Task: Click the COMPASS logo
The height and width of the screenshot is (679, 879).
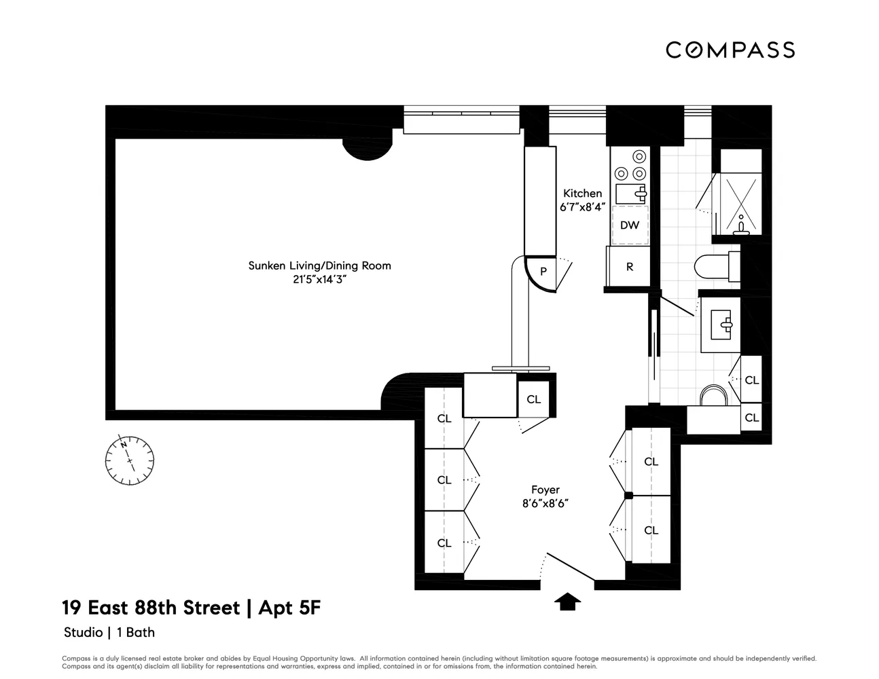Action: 730,50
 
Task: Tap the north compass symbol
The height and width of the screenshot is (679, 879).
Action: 129,459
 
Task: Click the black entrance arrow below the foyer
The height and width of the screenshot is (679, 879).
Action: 568,601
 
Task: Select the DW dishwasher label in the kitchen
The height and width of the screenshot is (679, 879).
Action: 630,225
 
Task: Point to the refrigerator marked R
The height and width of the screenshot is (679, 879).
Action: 629,267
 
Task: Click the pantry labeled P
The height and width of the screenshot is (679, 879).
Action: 543,271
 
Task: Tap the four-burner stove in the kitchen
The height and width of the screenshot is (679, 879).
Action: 630,164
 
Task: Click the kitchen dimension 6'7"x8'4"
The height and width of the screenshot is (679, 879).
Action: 582,208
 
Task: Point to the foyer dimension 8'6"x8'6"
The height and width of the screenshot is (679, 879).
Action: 545,503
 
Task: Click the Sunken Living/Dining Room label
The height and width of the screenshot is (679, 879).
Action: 319,265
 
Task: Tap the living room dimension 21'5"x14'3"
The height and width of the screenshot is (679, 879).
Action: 319,278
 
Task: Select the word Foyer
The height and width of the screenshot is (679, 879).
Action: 545,490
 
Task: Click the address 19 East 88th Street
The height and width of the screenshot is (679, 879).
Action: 151,607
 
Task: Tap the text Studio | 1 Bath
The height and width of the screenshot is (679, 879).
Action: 109,632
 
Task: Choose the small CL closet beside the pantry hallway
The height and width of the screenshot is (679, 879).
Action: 534,399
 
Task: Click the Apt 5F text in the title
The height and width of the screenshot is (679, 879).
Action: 288,607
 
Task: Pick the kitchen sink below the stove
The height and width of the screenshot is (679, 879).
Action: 630,193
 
